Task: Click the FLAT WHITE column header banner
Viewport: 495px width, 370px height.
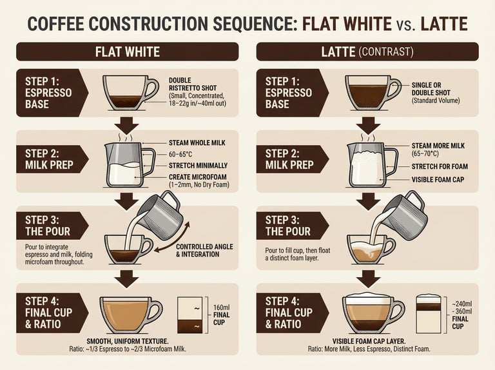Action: pyautogui.click(x=127, y=52)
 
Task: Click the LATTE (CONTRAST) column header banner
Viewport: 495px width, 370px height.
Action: pyautogui.click(x=367, y=52)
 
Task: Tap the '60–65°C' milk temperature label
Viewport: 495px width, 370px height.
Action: pyautogui.click(x=180, y=154)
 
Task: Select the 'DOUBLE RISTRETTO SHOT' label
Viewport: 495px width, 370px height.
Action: pyautogui.click(x=193, y=84)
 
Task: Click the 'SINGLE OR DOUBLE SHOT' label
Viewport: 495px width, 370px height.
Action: pyautogui.click(x=431, y=89)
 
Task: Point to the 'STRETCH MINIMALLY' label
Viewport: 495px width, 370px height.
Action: pyautogui.click(x=198, y=166)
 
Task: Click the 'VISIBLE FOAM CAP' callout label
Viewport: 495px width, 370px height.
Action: pyautogui.click(x=438, y=180)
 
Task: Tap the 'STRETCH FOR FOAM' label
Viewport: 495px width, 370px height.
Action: pyautogui.click(x=440, y=166)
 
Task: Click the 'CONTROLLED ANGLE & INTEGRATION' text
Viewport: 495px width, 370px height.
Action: pyautogui.click(x=204, y=250)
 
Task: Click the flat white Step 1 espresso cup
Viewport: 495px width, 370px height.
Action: pyautogui.click(x=130, y=93)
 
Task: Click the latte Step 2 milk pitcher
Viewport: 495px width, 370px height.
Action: pyautogui.click(x=372, y=165)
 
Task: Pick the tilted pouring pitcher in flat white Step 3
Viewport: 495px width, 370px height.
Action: pyautogui.click(x=160, y=215)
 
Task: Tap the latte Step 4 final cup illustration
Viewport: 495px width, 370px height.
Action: pyautogui.click(x=373, y=313)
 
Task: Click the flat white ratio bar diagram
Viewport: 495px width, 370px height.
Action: pyautogui.click(x=189, y=315)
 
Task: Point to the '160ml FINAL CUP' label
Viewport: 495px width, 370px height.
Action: pyautogui.click(x=221, y=315)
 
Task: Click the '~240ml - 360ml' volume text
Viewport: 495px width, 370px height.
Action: pyautogui.click(x=462, y=307)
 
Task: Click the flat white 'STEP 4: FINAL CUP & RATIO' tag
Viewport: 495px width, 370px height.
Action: pyautogui.click(x=52, y=313)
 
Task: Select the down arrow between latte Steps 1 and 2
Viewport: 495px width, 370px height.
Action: pyautogui.click(x=368, y=124)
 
